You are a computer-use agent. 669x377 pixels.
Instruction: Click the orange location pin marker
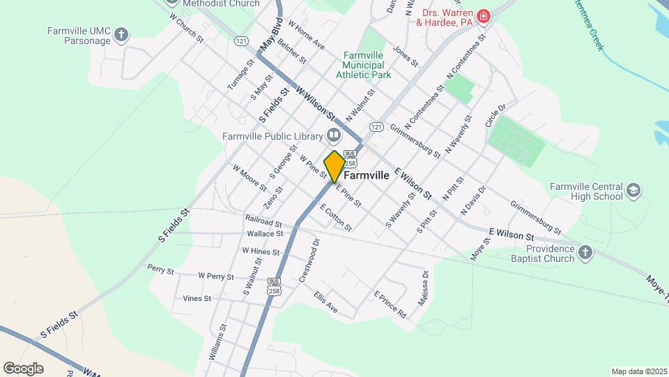tap(335, 166)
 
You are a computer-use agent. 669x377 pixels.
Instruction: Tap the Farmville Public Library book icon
tap(334, 135)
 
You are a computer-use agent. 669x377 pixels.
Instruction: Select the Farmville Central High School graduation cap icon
tap(633, 191)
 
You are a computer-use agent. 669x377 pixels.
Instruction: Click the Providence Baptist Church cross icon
tap(585, 253)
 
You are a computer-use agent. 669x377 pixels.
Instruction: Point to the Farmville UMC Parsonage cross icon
tap(122, 35)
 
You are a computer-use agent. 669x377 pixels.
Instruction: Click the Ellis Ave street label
tap(325, 302)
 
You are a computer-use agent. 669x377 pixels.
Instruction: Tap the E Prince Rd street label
tap(390, 304)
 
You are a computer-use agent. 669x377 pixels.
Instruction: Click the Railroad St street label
tap(263, 221)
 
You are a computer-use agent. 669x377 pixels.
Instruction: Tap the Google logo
tap(23, 368)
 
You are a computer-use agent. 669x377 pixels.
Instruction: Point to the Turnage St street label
tap(238, 75)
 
